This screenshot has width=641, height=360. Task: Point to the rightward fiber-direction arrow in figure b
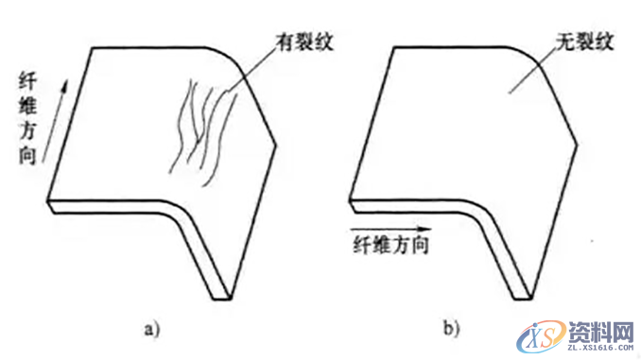pyautogui.click(x=390, y=230)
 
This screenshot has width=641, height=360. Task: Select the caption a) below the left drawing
pyautogui.click(x=151, y=329)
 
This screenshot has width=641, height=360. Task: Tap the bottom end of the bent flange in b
pyautogui.click(x=524, y=295)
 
